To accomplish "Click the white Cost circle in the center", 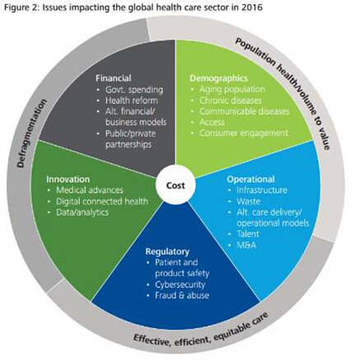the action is tap(175, 185).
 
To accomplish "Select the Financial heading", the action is tap(113, 78).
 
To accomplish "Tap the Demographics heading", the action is tap(218, 78).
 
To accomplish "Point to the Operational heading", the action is tap(250, 179).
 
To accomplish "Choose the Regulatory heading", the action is tap(167, 252).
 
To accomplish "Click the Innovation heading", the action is tap(68, 179).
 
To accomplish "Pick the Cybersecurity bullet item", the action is tap(180, 285).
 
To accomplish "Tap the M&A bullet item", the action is tap(246, 245).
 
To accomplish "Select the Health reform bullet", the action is tap(132, 100).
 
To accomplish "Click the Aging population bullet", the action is tap(232, 89).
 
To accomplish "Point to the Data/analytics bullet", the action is tap(82, 212).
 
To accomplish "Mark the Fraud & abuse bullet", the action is tap(182, 296).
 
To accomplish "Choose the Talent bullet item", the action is tap(248, 234).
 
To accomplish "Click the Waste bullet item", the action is tap(249, 201).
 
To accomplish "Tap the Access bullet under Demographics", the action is tap(212, 122).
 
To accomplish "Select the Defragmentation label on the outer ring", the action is tap(30, 133).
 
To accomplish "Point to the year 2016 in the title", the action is tap(252, 7).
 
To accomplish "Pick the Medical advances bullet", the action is tap(90, 190).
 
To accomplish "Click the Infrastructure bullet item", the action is tap(262, 190).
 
